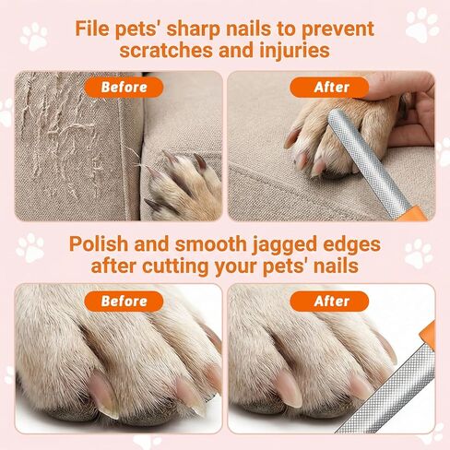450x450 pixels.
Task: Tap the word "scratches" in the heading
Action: point(166,51)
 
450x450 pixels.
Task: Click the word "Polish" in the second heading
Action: point(99,244)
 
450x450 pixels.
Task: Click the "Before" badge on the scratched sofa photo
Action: point(124,88)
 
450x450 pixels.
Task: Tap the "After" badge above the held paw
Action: point(329,88)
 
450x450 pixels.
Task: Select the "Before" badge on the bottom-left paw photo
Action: point(124,302)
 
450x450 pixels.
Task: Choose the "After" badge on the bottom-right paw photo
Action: point(329,302)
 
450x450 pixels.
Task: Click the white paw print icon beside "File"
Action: point(34,36)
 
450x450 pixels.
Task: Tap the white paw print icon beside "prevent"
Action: point(422,25)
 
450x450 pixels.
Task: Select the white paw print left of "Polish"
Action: point(30,247)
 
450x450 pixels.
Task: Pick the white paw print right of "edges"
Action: point(419,254)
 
